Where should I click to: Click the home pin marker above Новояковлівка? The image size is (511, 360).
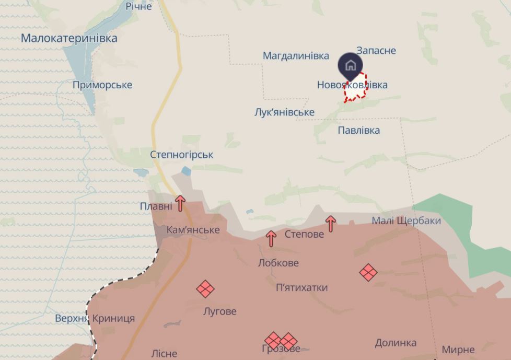[350, 66]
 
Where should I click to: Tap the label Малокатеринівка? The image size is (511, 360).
[69, 38]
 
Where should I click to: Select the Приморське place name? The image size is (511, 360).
[102, 85]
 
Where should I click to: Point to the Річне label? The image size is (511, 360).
[138, 6]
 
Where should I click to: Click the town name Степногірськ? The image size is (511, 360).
[181, 155]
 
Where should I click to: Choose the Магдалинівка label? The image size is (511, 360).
[296, 56]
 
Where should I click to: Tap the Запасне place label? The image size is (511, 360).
[376, 51]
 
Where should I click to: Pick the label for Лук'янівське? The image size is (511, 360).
[284, 112]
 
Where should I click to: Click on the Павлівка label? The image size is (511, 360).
[358, 130]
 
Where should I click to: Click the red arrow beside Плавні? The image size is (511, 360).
[180, 203]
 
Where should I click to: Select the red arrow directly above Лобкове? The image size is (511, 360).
[271, 238]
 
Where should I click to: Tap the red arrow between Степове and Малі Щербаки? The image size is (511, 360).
[330, 223]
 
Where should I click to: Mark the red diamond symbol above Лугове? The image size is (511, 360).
[205, 288]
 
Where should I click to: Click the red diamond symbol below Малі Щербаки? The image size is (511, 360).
[368, 272]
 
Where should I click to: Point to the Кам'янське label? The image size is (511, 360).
[193, 230]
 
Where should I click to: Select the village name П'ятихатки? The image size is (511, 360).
[302, 287]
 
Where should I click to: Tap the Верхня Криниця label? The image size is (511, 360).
[95, 318]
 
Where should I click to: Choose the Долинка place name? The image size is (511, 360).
[396, 343]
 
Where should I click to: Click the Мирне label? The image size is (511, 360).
[458, 350]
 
